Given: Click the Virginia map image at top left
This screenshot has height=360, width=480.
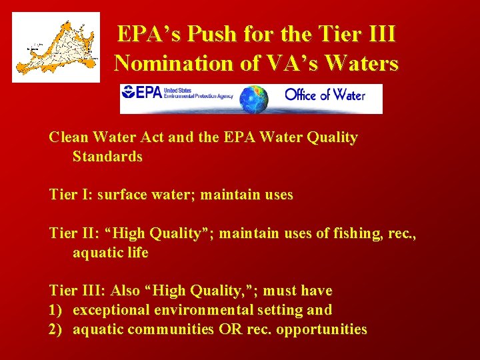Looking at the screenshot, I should [x=56, y=47].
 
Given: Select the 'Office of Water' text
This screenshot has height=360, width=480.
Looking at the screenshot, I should [x=325, y=95].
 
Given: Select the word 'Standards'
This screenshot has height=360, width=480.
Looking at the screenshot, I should [x=107, y=157].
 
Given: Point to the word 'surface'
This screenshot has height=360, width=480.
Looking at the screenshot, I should [x=122, y=195].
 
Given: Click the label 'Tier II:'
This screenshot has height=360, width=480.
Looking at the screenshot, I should [x=74, y=234].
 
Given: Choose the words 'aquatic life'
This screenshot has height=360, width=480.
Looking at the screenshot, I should [x=111, y=253].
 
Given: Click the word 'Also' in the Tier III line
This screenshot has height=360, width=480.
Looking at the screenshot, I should [x=125, y=291].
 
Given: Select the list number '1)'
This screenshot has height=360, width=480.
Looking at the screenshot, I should [x=55, y=310].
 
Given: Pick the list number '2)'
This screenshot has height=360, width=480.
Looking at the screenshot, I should [x=56, y=329].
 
